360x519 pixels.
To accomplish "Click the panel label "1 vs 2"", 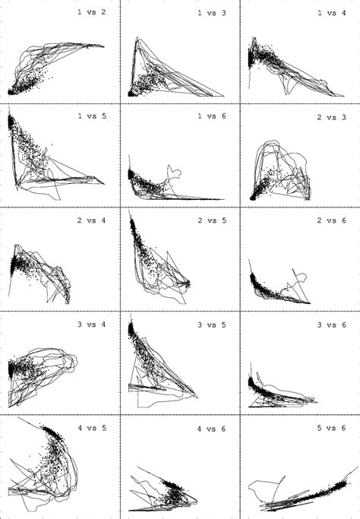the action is pos(92,12).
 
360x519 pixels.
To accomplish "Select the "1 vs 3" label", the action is pos(212,13).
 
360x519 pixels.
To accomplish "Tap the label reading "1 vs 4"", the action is pos(332,13).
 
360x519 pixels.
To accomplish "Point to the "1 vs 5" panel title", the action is pos(92,116).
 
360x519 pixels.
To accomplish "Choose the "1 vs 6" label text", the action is pos(212,116).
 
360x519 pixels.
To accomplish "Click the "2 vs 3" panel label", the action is pos(332,118).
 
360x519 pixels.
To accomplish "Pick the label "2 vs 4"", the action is pos(92,220).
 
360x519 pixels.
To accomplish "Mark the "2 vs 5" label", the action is pos(212,220).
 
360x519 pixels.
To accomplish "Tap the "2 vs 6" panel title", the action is pos(332,220).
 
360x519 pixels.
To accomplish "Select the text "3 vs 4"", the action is pos(92,324).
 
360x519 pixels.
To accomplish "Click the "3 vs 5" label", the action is pos(212,325).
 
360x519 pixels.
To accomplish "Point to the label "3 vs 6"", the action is pos(332,325).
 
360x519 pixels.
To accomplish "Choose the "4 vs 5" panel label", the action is pos(92,428).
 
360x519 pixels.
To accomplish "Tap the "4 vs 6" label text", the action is pos(212,429).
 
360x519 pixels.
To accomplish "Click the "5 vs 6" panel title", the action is pos(332,428).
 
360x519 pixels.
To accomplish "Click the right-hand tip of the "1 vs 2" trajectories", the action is pos(104,46).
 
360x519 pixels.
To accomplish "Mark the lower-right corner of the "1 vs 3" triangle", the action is pos(224,97).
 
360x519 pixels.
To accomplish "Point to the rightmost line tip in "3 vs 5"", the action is pos(197,397).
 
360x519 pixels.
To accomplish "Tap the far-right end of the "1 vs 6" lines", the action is pos(224,199).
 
